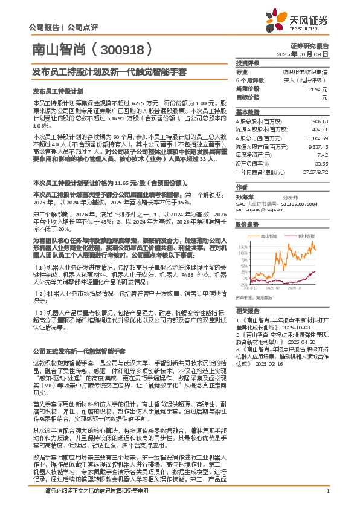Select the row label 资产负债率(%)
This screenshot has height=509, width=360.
coord(252,163)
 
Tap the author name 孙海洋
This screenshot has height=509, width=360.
coord(245,196)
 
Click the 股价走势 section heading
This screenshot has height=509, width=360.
coord(247,224)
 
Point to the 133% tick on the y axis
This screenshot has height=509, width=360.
coord(243,247)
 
